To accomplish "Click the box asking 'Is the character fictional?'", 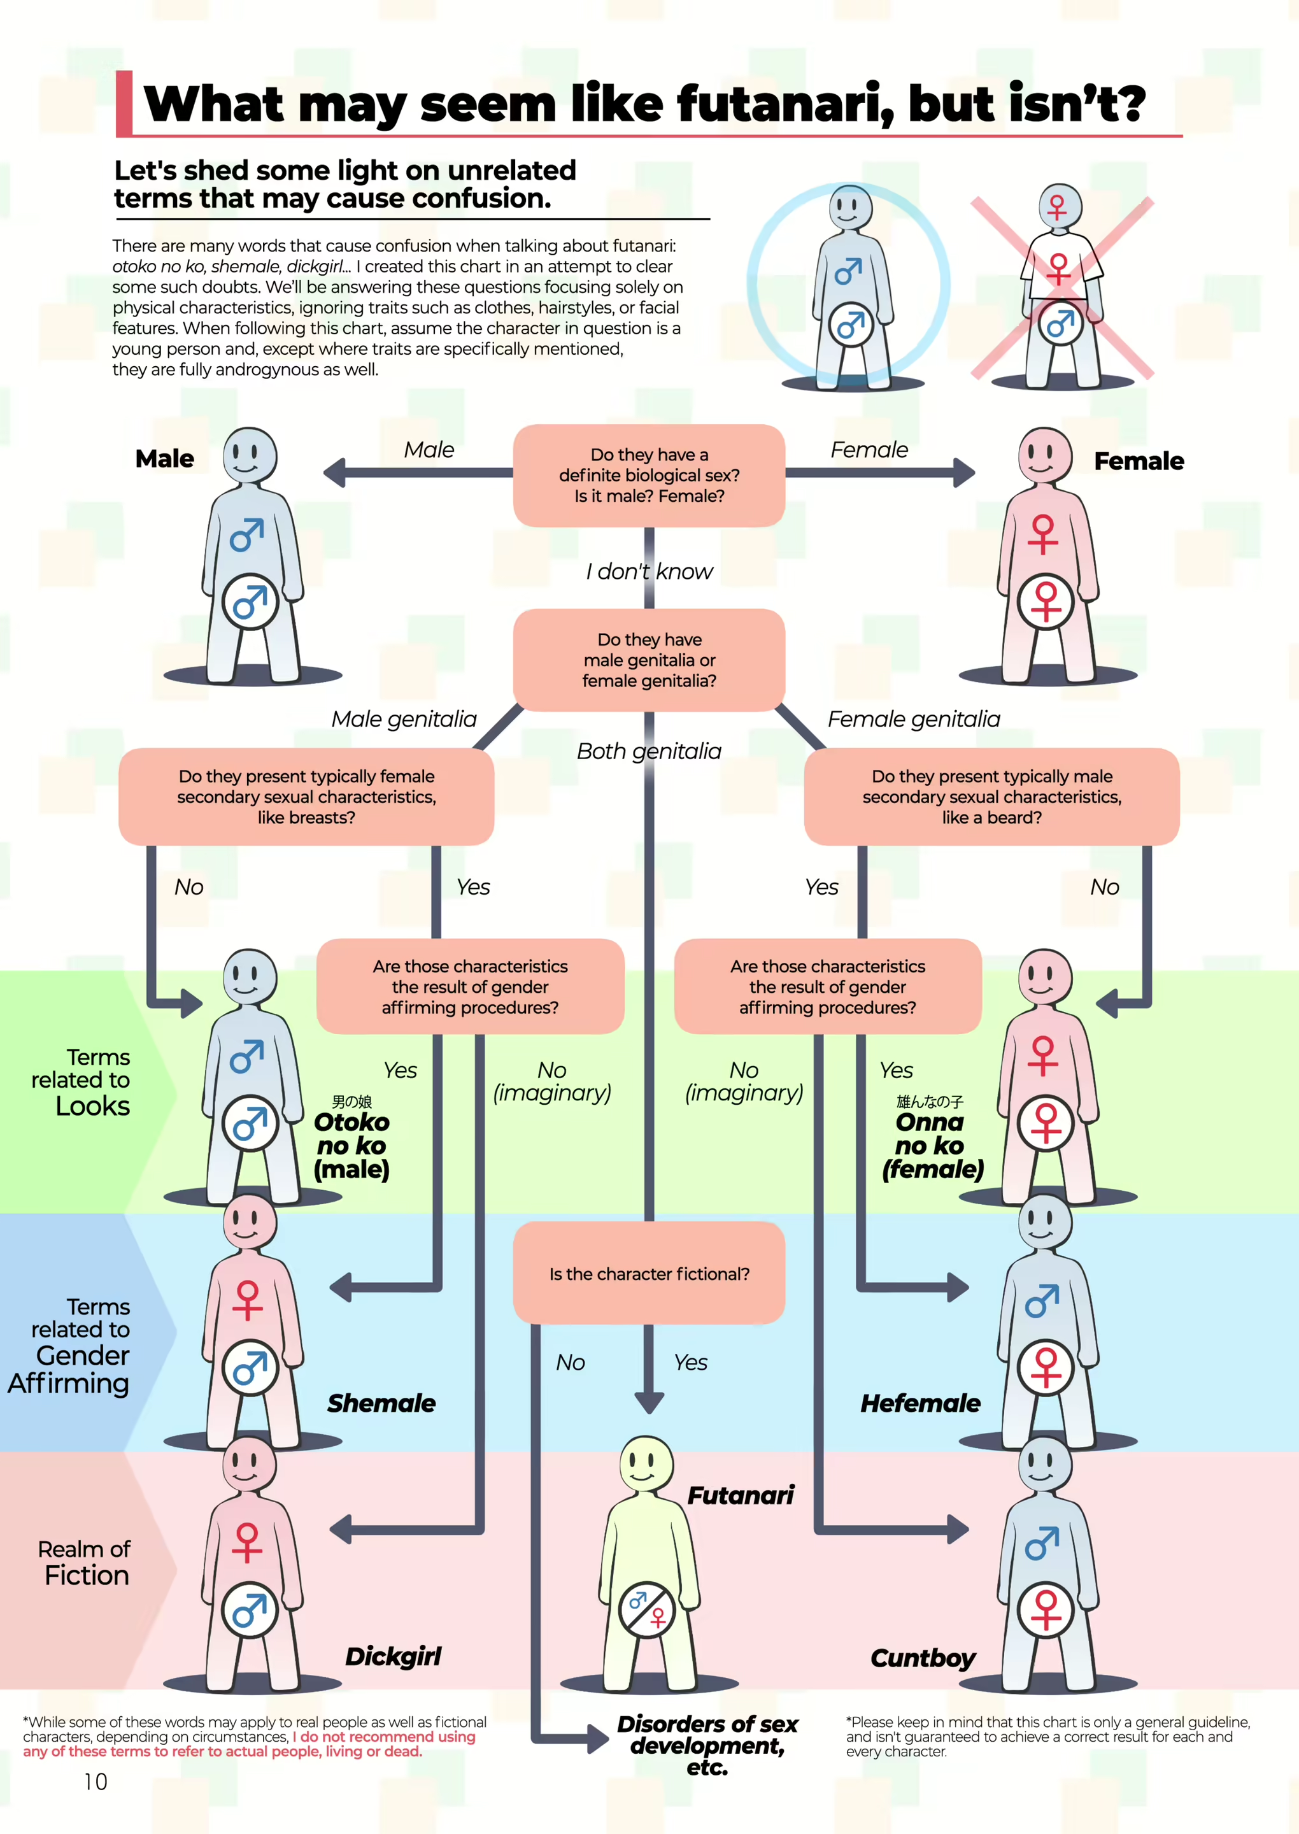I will (649, 1274).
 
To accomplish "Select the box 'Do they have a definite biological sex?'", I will (649, 475).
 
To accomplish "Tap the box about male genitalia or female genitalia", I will (649, 660).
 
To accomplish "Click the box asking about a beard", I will (991, 797).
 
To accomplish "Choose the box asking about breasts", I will (306, 797).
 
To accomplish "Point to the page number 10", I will (95, 1782).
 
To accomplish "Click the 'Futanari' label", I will (741, 1495).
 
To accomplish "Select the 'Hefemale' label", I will (920, 1403).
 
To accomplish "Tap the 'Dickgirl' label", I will (393, 1656).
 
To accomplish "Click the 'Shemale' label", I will (381, 1403).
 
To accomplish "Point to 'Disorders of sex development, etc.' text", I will (707, 1745).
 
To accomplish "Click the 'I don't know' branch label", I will (649, 571).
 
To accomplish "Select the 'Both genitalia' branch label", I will (649, 751).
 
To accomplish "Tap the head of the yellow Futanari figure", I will (647, 1462).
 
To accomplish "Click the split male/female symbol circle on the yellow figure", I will (647, 1609).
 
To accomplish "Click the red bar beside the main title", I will (124, 103).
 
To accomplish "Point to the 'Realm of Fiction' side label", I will (84, 1563).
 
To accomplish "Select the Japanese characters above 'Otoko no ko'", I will (352, 1102).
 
